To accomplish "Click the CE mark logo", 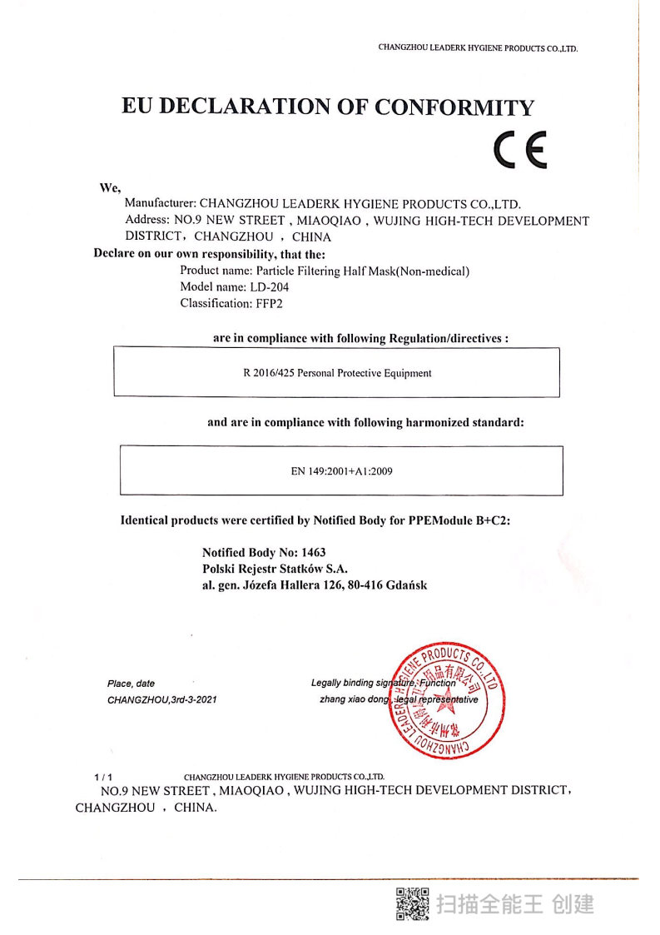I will pos(519,151).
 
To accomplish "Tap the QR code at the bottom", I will pos(411,903).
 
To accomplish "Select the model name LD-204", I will pos(268,287).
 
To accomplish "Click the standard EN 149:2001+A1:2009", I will pos(341,471).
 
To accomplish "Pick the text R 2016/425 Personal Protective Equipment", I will pos(337,373).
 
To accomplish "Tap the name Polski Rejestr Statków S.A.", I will pos(275,569).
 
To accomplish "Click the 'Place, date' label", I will pos(131,684).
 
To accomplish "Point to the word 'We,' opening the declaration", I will pos(111,187).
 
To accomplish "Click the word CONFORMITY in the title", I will pos(454,107).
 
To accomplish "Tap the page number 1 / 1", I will pos(103,776).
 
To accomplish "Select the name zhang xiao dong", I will pos(354,700).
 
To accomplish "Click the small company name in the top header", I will pos(478,48).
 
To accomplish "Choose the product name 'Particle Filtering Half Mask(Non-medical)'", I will pos(363,271).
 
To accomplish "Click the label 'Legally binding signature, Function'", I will pos(384,684).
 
